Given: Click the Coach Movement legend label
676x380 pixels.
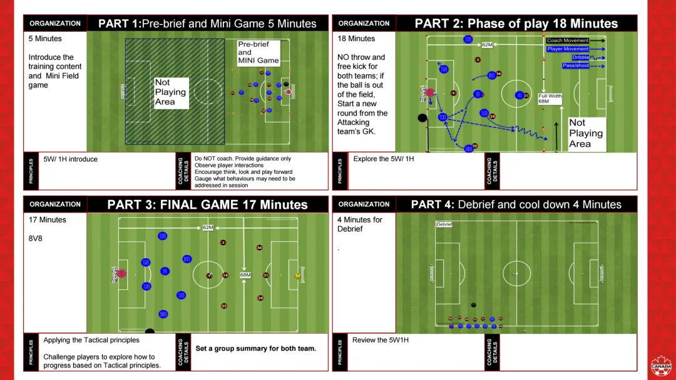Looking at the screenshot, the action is (568, 41).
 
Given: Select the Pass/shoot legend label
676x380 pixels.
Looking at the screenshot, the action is (575, 65).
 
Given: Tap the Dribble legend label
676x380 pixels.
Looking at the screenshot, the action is (580, 57).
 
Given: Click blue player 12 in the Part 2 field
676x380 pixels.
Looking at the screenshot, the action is (468, 39).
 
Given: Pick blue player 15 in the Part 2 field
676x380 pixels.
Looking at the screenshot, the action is (444, 69).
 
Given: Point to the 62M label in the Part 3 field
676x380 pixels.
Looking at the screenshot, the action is (208, 227).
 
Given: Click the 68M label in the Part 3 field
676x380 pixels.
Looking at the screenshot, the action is (245, 275).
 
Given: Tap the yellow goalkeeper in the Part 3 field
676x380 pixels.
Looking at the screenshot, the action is (297, 275).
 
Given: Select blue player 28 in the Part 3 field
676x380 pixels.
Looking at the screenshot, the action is (163, 314).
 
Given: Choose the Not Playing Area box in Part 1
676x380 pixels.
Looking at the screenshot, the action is (171, 92).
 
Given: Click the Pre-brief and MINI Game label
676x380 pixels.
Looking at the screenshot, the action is (258, 52).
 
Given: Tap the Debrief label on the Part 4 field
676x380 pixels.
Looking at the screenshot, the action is (444, 224).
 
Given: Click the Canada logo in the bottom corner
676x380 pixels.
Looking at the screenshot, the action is (661, 366).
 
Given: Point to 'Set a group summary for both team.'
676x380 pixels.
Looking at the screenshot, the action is (255, 349).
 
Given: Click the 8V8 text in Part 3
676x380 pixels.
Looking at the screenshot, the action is (36, 238).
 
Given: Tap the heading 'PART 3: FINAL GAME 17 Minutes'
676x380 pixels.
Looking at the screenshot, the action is (207, 204).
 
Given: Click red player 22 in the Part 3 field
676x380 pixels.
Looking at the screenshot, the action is (224, 306).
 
